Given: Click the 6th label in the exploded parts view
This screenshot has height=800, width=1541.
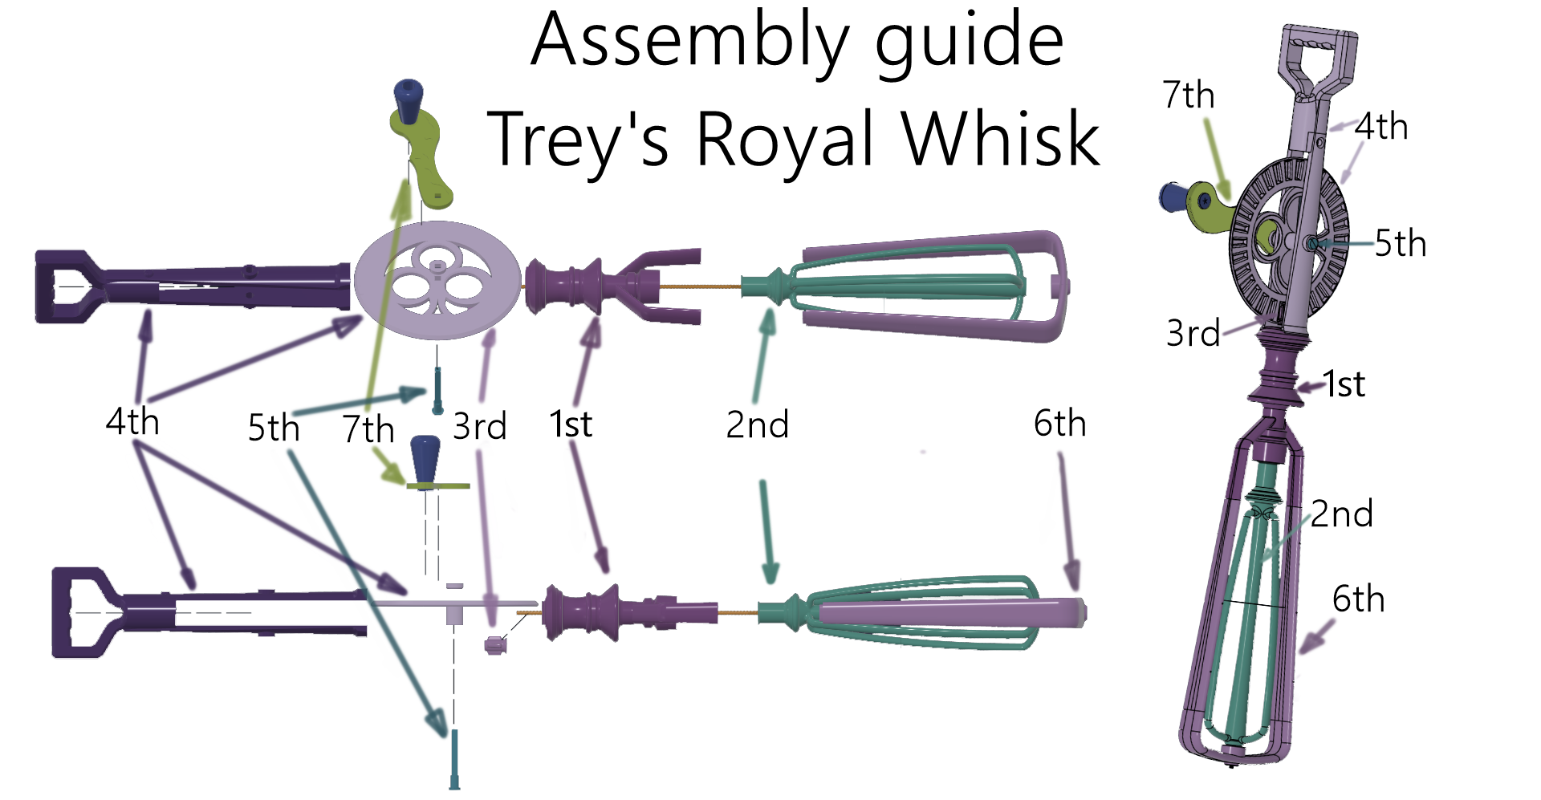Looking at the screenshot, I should pos(1059,423).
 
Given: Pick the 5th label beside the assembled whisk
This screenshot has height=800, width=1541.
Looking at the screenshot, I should pos(1400,243).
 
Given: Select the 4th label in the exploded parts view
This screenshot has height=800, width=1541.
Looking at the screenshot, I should pos(132,421).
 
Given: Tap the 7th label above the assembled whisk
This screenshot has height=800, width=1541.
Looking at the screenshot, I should pos(1188,95).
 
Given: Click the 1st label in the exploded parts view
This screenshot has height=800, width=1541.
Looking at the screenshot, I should pos(571,424).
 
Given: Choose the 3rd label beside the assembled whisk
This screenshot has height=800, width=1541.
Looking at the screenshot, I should pos(1193,333).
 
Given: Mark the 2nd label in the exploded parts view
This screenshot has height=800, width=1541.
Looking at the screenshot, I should pos(757,424).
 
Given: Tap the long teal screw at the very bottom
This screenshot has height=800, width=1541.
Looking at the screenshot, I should pos(454,759).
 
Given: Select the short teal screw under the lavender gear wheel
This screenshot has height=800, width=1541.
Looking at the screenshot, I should pos(437,389).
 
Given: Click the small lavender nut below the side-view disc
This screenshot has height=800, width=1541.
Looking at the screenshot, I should pos(495,644).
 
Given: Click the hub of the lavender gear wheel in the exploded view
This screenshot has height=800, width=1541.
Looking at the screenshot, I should pos(437,266).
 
